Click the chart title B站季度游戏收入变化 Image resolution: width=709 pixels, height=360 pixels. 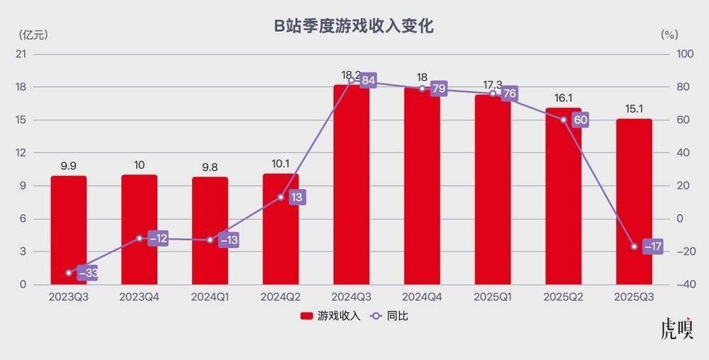(x=354, y=27)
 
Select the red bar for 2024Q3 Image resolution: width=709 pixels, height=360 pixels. (x=352, y=184)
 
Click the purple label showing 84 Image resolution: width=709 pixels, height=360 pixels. (x=368, y=80)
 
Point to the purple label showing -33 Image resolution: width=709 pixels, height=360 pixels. (x=86, y=273)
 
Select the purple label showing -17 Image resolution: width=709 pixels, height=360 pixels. (x=652, y=247)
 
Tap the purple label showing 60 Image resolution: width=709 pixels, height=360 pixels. (x=581, y=120)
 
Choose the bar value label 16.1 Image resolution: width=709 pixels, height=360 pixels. (x=564, y=99)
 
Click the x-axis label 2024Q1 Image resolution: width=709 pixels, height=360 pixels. (x=210, y=298)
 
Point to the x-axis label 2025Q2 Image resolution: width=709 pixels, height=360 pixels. (x=564, y=298)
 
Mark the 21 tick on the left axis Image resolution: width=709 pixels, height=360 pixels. (x=21, y=55)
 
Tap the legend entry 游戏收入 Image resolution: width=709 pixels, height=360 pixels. (x=330, y=316)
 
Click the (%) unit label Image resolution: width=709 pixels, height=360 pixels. (x=669, y=33)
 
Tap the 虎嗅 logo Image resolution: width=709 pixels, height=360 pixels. (x=677, y=329)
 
